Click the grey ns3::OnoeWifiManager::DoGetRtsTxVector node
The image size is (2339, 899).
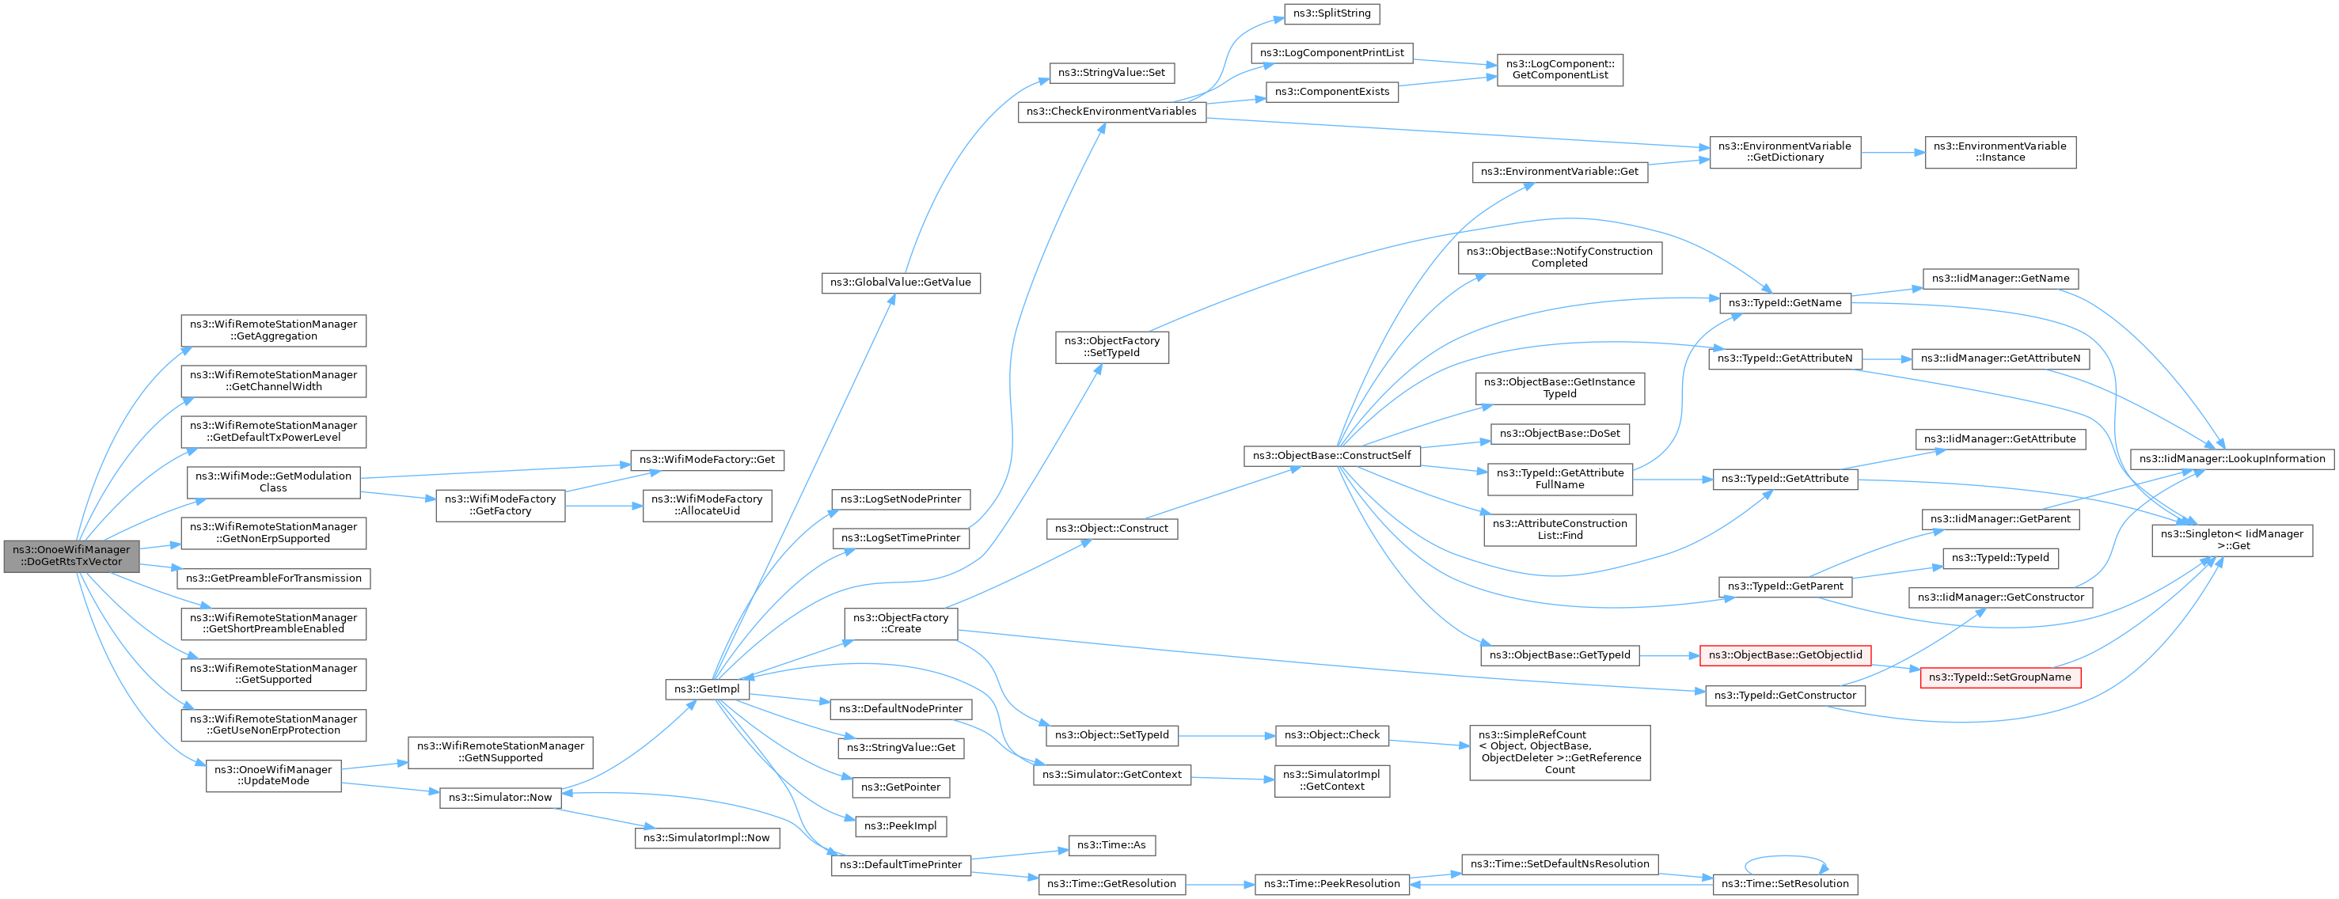tap(72, 556)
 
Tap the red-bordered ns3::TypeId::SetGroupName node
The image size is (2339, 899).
tap(1999, 677)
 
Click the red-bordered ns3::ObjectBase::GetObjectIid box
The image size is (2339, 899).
tap(1784, 655)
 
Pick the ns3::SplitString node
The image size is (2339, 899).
tap(1331, 13)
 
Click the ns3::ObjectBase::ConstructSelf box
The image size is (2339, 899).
tap(1331, 456)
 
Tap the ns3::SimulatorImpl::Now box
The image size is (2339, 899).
tap(706, 838)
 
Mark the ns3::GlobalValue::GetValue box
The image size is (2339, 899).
tap(900, 283)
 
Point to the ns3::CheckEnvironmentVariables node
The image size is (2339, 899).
tap(1111, 112)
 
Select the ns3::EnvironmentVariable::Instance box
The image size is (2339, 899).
tap(1999, 152)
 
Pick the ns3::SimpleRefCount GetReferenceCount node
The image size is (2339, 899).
tap(1559, 753)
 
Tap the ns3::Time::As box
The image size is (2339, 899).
tap(1111, 845)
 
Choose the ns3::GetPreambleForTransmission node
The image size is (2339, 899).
tap(273, 578)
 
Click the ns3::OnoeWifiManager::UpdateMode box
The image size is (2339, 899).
tap(273, 776)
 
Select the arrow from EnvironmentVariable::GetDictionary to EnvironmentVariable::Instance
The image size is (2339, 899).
tap(1893, 153)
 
